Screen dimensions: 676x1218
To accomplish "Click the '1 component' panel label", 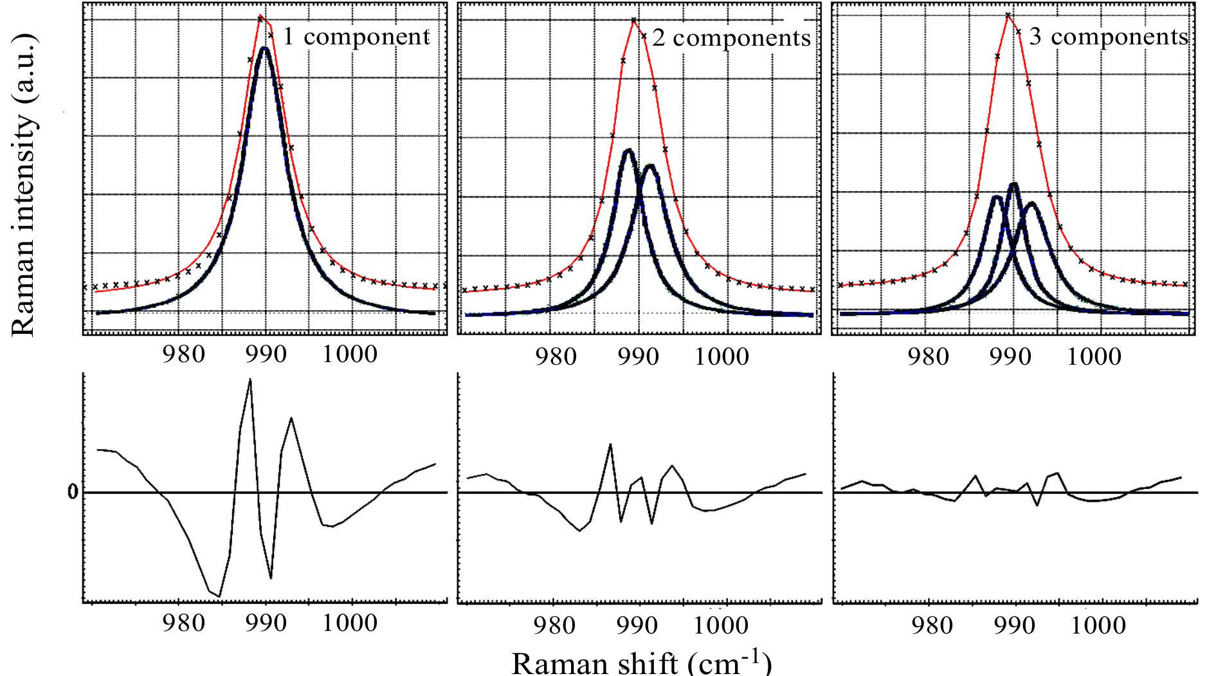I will (356, 37).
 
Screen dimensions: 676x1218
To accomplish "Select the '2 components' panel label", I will (731, 39).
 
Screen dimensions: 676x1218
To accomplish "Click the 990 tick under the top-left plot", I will (266, 354).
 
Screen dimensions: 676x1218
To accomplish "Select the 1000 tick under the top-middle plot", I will (720, 356).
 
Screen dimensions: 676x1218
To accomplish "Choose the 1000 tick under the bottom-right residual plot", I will (1097, 624).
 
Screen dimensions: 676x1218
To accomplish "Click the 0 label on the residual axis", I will (73, 493).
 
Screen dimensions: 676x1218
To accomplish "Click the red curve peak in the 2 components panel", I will (635, 19).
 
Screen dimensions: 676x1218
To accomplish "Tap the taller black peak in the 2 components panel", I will (628, 150).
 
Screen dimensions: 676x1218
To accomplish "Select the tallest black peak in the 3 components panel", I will (1013, 184).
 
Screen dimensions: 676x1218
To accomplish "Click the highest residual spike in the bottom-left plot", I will (250, 379).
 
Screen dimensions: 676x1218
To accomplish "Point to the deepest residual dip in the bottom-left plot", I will (219, 596).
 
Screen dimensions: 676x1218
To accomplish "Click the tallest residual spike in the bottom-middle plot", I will (610, 444).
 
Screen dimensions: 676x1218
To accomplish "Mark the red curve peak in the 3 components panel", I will (1008, 14).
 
